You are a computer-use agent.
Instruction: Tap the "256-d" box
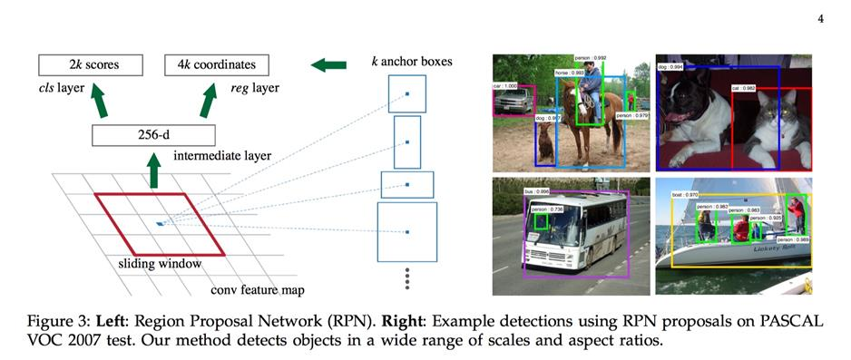coord(153,136)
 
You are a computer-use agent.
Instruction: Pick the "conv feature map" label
coord(258,290)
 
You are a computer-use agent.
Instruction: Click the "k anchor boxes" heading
coord(412,62)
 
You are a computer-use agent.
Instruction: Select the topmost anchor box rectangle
coord(406,93)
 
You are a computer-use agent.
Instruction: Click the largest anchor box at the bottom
coord(406,232)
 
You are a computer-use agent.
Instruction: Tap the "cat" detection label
coord(743,89)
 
